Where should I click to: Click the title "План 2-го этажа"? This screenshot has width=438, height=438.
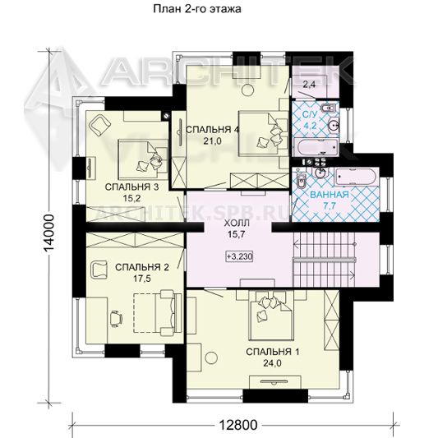point(197,9)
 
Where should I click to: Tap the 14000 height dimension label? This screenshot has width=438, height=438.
point(49,233)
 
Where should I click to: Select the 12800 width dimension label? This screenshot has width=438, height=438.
point(237,425)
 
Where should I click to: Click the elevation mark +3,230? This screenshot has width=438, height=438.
point(239,256)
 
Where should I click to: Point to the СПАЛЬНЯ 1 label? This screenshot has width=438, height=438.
point(272,352)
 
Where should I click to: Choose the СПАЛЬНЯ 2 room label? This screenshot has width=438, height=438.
point(142,267)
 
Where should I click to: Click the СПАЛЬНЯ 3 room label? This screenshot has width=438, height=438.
point(131,187)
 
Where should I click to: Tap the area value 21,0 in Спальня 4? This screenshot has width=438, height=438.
point(212,141)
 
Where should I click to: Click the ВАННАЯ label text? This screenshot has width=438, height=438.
point(330,195)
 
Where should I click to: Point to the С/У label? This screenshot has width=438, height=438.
point(310,114)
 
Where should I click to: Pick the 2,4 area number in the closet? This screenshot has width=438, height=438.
point(309,84)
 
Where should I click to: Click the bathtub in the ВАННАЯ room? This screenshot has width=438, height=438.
point(356,177)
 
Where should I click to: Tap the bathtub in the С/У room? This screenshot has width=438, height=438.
point(316,146)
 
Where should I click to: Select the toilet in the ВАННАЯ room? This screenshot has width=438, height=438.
point(301,181)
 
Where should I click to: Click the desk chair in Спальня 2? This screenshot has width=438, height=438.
point(116,319)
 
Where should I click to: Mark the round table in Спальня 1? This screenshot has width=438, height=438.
point(211,357)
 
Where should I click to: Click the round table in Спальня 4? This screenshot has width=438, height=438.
point(247,90)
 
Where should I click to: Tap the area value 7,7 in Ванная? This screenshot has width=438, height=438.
point(330,206)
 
